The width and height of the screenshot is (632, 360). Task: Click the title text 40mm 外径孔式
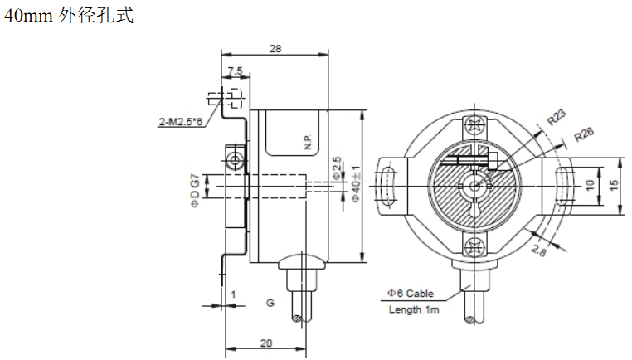point(69,16)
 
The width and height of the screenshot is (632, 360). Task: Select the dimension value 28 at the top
point(275,49)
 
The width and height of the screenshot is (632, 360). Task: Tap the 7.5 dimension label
point(235,71)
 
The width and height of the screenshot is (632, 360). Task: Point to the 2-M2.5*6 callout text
point(181,121)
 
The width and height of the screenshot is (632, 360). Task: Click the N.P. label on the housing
point(309,142)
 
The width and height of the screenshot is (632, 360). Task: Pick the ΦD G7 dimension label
point(195,190)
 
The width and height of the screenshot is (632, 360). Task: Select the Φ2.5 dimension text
point(337,168)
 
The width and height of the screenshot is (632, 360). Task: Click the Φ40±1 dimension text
point(356,183)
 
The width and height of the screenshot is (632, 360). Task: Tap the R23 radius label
point(557,117)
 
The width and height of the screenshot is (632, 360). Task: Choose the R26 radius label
point(584,134)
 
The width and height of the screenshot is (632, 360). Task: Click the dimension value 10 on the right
point(590,185)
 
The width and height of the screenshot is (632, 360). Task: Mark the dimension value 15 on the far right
point(613,185)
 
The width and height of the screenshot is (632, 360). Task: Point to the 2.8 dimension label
point(538,250)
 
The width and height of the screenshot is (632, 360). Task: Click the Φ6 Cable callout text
point(411,294)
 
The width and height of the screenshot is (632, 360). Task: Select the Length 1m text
point(414,309)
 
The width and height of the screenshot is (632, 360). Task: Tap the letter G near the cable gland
point(270,303)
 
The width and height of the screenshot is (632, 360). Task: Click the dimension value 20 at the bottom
point(266,343)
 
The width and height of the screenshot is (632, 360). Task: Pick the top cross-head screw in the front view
point(474,124)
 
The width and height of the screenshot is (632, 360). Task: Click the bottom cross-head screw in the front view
point(474,246)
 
